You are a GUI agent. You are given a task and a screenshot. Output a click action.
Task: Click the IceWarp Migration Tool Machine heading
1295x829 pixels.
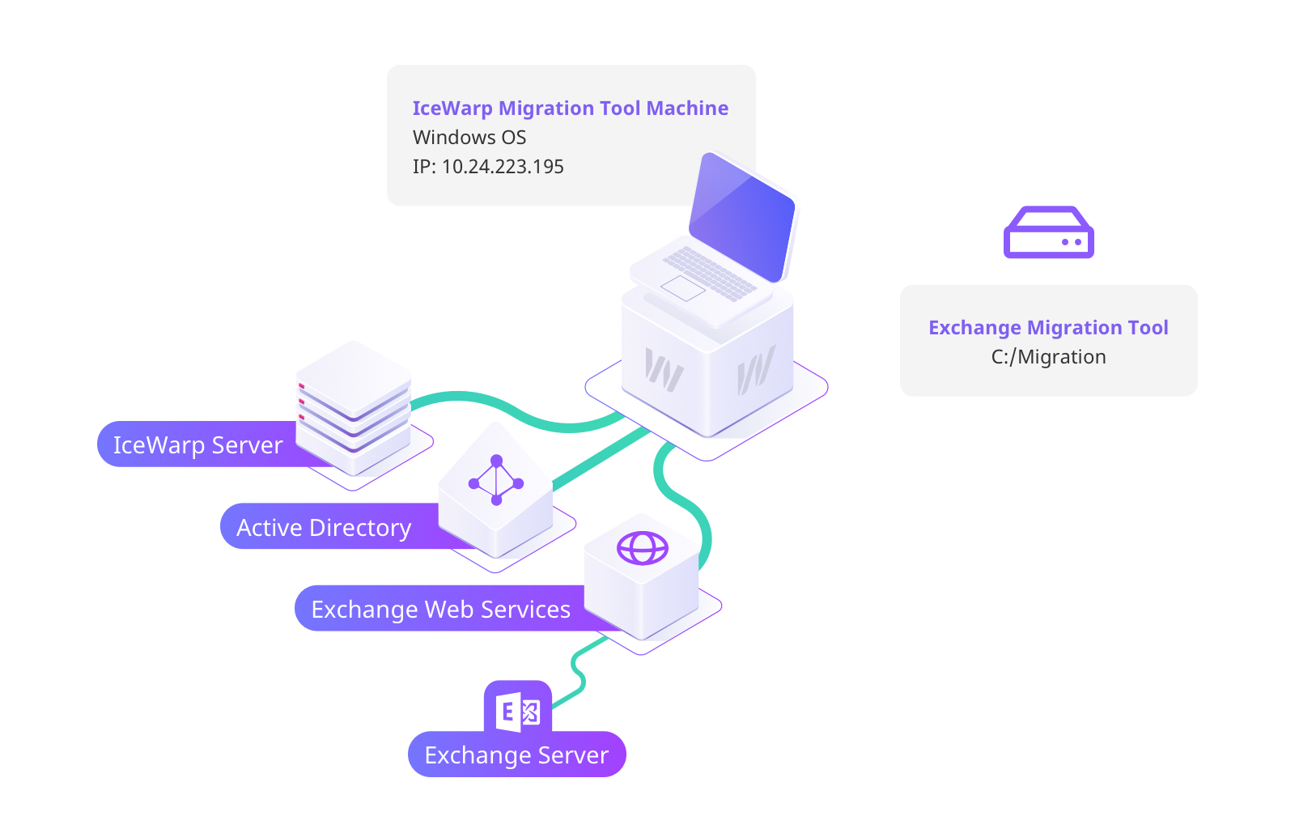[x=570, y=108]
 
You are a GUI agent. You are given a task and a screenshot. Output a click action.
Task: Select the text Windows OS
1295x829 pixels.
[x=469, y=138]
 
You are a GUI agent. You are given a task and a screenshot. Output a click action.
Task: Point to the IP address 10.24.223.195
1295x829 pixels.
[x=502, y=167]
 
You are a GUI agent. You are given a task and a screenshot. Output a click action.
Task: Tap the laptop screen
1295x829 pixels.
[x=742, y=216]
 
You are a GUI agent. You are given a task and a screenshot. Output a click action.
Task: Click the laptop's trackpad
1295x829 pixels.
[x=683, y=287]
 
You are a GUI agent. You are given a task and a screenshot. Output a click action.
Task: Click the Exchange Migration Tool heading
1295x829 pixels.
[x=1048, y=328]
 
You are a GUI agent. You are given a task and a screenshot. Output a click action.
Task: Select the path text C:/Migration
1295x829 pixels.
[x=1048, y=357]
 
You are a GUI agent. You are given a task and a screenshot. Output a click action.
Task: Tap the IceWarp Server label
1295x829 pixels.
[x=197, y=445]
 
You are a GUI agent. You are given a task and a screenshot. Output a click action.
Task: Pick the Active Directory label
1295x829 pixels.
[x=324, y=528]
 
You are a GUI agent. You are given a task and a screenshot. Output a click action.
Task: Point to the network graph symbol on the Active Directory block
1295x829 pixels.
[x=496, y=480]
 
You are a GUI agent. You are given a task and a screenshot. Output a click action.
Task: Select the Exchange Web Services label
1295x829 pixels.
[x=440, y=610]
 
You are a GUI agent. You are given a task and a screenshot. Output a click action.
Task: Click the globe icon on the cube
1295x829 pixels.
[x=642, y=548]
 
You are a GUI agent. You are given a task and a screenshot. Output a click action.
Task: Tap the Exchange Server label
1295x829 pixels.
[x=516, y=755]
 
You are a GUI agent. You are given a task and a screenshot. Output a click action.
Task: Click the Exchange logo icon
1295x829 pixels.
[x=518, y=711]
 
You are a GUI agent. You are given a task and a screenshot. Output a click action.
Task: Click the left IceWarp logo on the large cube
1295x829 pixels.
[x=664, y=370]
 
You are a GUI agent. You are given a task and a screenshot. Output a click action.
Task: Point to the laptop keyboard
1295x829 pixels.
[x=709, y=272]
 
